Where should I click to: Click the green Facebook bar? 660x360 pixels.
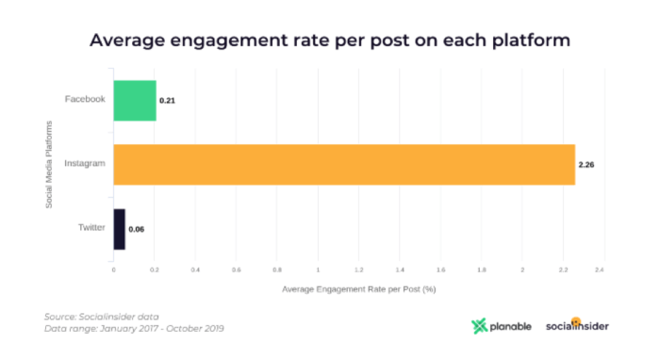point(135,100)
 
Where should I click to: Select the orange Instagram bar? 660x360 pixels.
point(344,164)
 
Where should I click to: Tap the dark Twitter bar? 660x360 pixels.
point(119,229)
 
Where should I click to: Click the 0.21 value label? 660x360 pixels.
point(168,100)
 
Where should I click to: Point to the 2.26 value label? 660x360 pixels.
point(586,165)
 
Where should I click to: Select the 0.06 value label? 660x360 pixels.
point(137,229)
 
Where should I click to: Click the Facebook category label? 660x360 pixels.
point(85,99)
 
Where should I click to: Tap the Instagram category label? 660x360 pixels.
point(84,164)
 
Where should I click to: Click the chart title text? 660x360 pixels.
point(329,41)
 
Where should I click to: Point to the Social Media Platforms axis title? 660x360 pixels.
point(48,164)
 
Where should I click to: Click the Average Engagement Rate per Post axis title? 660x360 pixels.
point(358,288)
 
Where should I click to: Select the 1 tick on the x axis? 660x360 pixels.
point(318,270)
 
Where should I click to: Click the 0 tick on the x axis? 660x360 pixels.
point(113,270)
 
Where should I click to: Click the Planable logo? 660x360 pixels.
point(502,326)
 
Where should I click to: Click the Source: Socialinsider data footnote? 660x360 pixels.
point(102,317)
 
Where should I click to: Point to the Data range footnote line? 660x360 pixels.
point(134,329)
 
